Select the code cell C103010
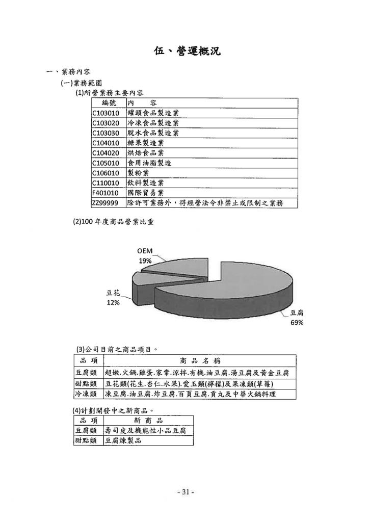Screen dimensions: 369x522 [x=106, y=113]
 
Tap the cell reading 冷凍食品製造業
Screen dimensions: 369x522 [x=153, y=123]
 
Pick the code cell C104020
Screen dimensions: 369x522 [x=106, y=153]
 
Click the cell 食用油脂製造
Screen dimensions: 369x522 [x=149, y=163]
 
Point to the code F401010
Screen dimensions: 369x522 [x=105, y=193]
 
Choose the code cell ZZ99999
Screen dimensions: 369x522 [x=105, y=203]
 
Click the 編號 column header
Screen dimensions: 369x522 [x=109, y=103]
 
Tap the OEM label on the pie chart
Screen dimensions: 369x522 [x=145, y=251]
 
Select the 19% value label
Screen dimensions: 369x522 [x=145, y=260]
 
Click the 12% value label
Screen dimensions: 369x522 [x=113, y=303]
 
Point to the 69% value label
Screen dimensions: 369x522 [x=297, y=322]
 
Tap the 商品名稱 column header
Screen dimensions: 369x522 [x=200, y=360]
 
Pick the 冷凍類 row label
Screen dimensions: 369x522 [x=86, y=394]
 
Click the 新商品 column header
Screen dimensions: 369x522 [x=148, y=420]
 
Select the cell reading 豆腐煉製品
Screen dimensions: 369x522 [x=123, y=440]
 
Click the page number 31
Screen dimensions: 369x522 [x=186, y=492]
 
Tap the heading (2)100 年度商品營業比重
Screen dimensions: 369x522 [x=113, y=222]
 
